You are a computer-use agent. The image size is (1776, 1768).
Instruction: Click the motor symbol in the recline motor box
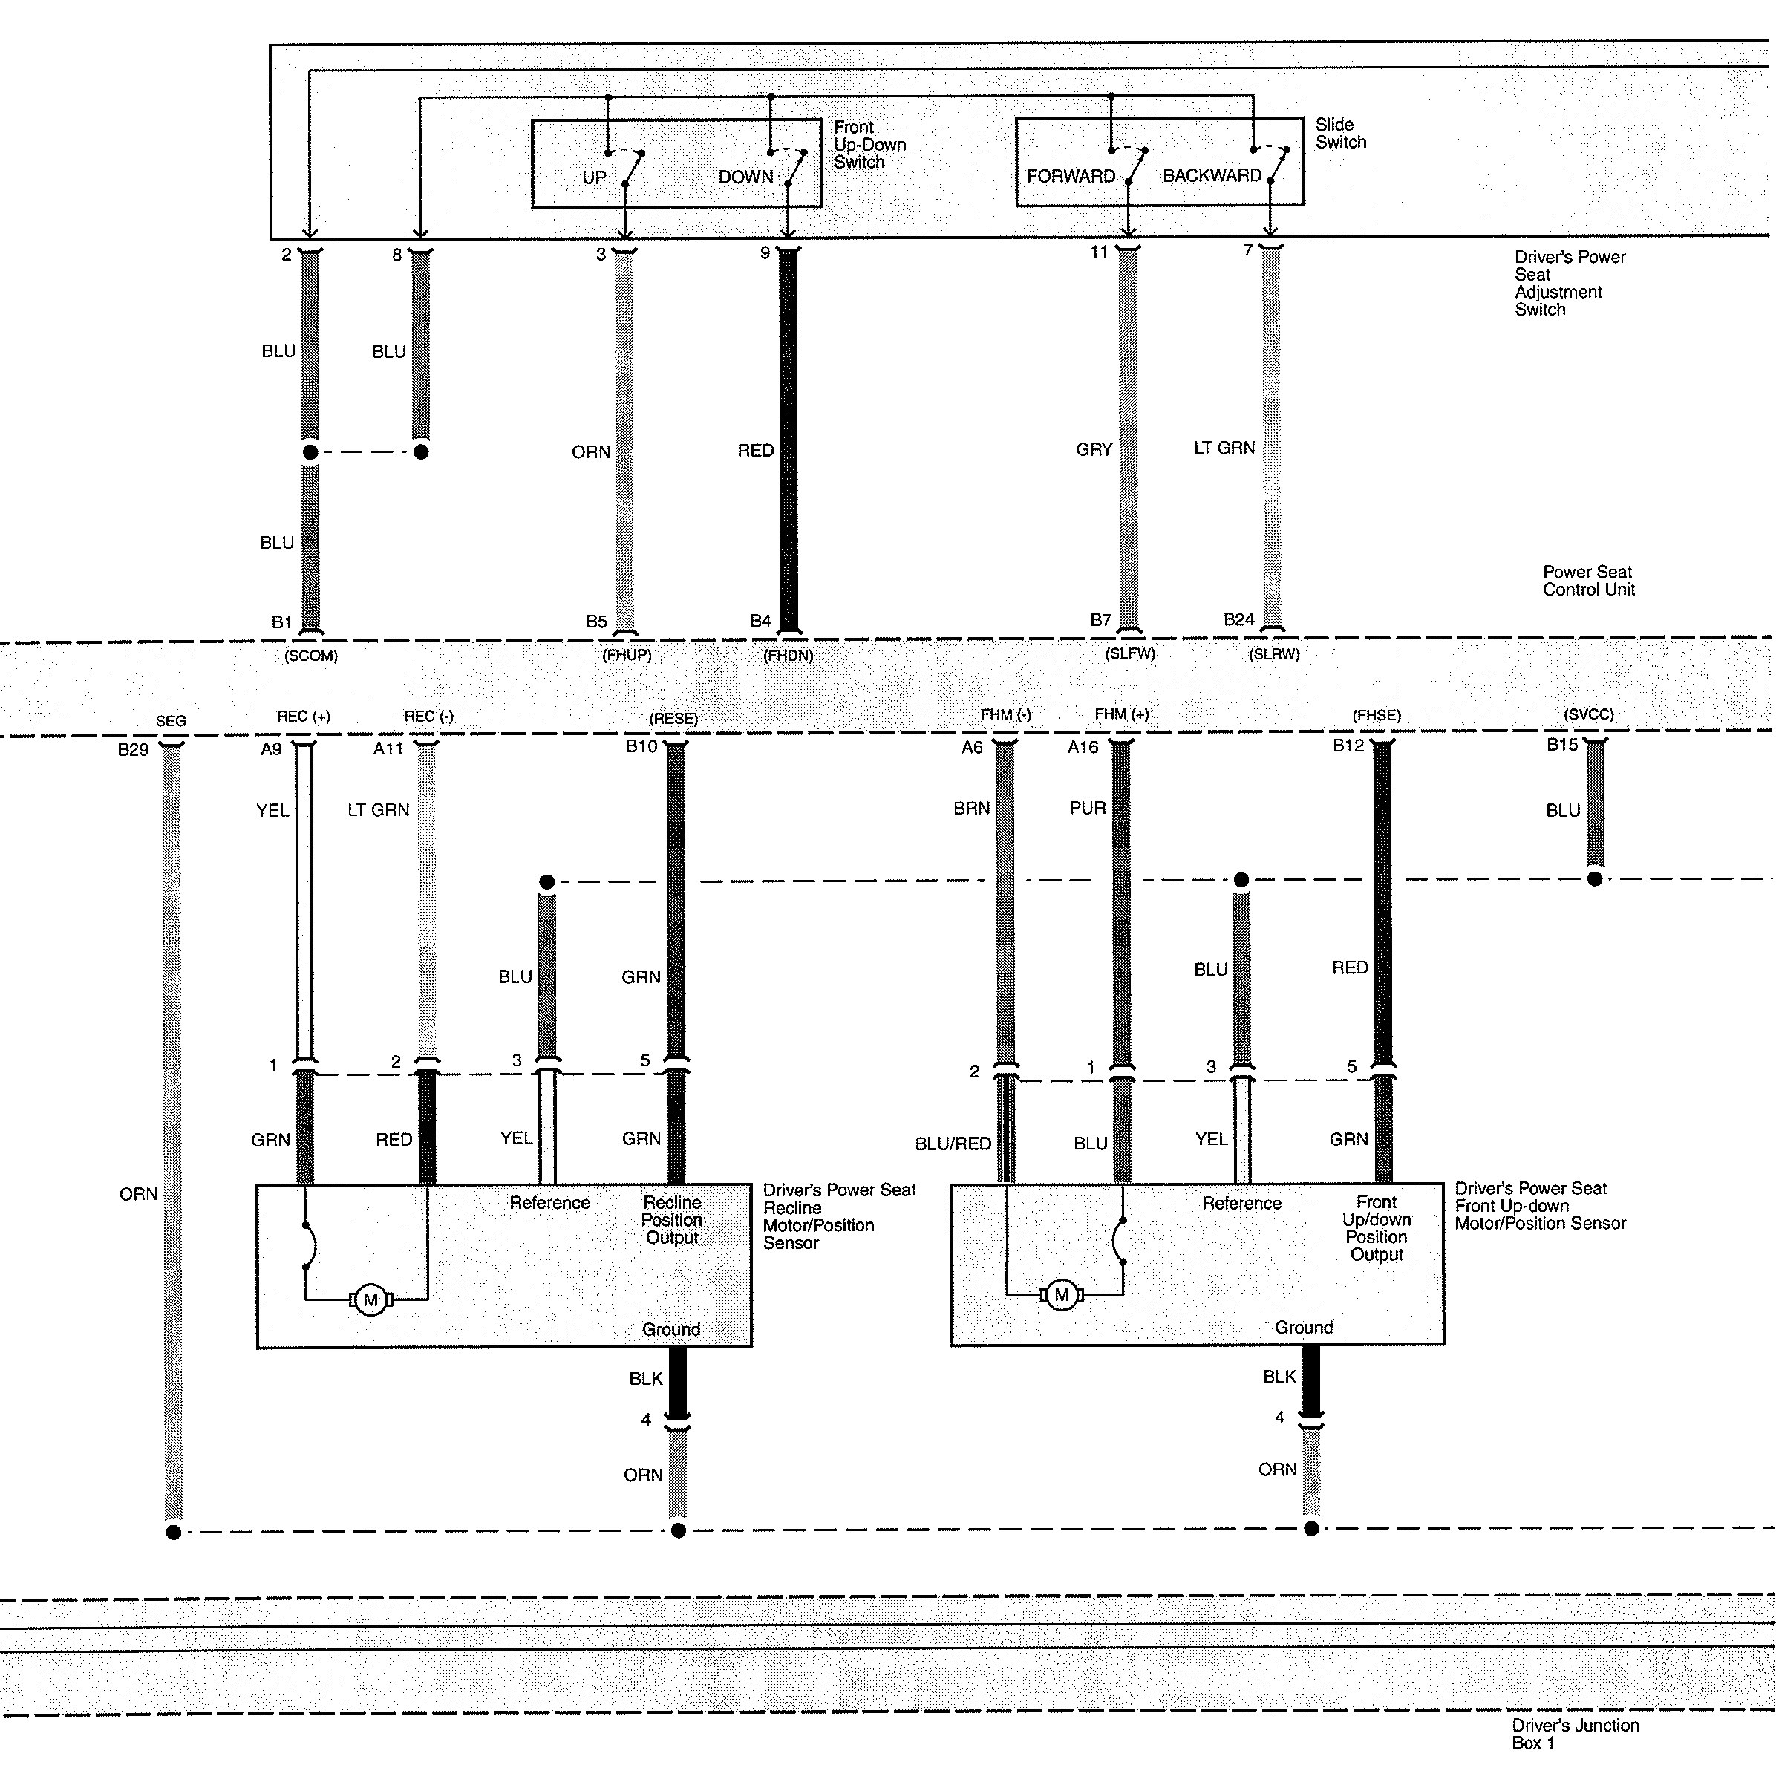pos(370,1300)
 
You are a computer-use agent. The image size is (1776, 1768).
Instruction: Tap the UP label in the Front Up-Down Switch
pos(594,177)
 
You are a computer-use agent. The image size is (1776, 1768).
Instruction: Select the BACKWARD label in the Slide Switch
pos(1212,175)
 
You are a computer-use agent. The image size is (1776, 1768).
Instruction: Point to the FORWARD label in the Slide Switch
pos(1071,177)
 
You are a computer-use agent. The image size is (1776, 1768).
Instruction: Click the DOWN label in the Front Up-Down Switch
pos(745,177)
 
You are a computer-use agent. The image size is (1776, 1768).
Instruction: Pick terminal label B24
pos(1238,620)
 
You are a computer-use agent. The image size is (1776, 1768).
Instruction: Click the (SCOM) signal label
pos(310,656)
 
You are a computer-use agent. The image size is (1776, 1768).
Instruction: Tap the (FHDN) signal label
pos(788,656)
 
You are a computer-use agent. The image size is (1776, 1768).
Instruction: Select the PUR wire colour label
pos(1088,808)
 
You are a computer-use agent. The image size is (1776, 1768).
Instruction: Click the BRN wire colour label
pos(972,808)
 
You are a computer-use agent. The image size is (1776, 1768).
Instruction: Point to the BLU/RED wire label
pos(953,1144)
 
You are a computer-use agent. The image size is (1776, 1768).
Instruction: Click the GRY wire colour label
pos(1094,449)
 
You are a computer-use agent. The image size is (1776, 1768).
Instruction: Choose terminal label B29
pos(134,749)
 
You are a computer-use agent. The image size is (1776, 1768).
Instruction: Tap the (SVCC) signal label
pos(1588,714)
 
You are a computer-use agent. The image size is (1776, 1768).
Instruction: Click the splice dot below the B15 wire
pos(1595,879)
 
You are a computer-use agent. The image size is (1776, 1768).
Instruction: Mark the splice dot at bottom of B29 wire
pos(173,1533)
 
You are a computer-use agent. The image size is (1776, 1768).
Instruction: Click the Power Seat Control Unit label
pos(1588,580)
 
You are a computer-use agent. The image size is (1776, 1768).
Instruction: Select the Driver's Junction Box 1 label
pos(1576,1734)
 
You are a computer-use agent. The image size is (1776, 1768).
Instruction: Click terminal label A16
pos(1083,748)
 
